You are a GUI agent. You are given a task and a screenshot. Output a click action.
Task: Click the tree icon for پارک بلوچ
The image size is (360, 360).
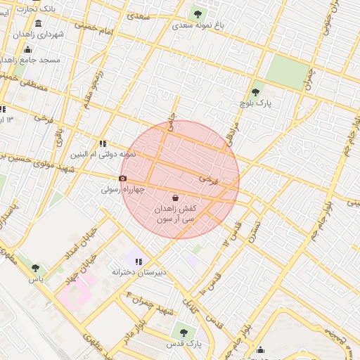coord(255,92)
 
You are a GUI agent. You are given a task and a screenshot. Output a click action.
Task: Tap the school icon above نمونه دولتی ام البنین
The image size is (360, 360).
coord(103,143)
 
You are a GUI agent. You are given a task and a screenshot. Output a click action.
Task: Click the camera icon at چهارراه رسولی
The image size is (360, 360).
coord(122,178)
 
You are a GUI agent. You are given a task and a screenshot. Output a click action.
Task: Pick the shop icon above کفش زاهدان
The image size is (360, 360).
coord(175,198)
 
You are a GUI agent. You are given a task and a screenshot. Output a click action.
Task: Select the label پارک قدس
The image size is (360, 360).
coord(184,344)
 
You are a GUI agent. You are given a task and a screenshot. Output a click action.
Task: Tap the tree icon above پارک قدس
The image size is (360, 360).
coord(184,332)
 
